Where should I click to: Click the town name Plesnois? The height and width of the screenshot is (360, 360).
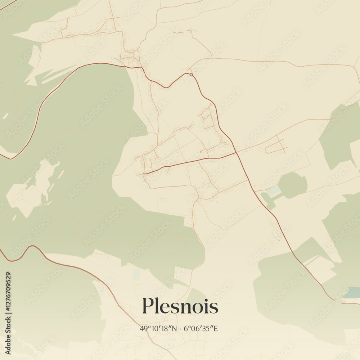180,306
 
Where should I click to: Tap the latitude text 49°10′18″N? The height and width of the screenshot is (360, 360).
158,328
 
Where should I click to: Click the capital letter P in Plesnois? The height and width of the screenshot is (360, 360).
147,306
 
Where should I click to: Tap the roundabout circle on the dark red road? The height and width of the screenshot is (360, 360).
191,75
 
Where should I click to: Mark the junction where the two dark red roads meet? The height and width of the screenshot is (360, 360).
237,152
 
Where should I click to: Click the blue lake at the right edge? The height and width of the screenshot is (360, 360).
351,292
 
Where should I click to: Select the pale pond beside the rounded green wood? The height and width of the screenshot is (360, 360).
274,191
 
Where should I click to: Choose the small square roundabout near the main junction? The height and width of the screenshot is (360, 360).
225,143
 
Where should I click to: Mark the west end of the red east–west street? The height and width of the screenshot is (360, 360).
144,174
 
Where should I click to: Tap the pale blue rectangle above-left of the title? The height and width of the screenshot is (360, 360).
136,275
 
